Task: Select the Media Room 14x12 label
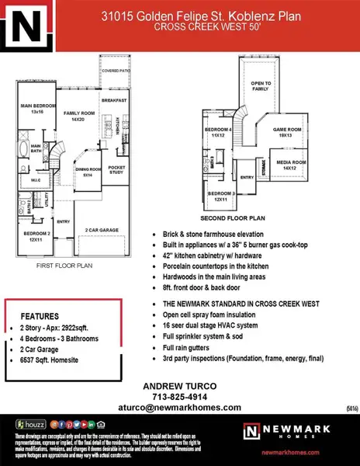click(x=289, y=165)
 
